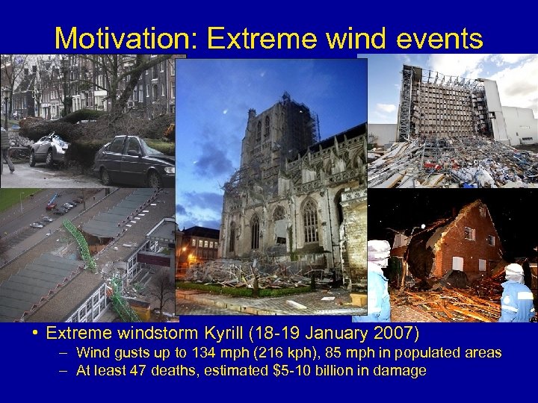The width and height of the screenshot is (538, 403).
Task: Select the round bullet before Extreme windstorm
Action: pyautogui.click(x=37, y=332)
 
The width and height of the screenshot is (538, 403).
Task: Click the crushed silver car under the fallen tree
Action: pyautogui.click(x=49, y=151)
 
